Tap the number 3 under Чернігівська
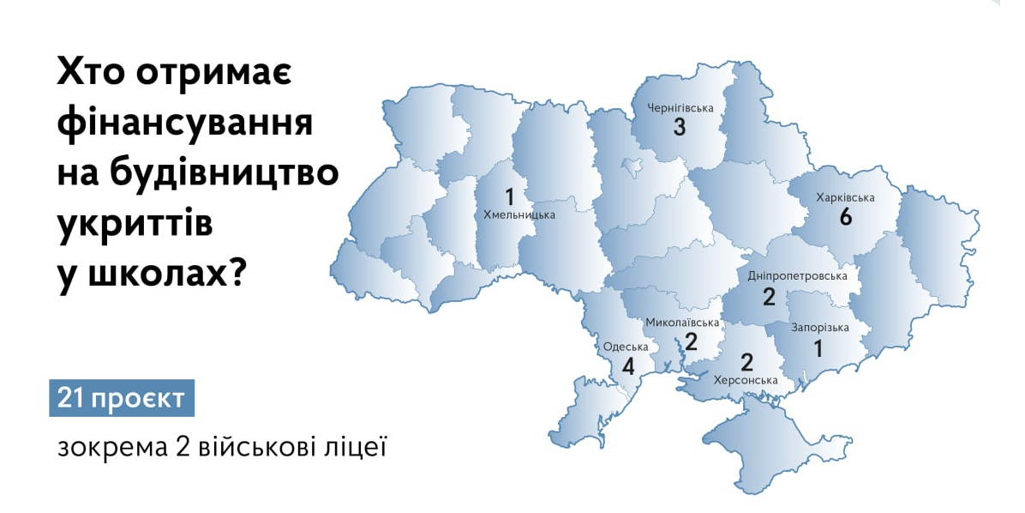(680, 128)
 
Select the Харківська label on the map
(845, 197)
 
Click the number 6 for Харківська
(845, 217)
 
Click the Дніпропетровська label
(797, 276)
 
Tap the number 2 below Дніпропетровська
(769, 298)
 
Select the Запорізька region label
(820, 328)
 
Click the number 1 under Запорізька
(818, 348)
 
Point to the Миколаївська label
(681, 323)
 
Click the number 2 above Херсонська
(746, 360)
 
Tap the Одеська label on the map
(626, 347)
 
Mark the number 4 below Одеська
(628, 367)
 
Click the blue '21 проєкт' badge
(122, 399)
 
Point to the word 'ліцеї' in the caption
(360, 448)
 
